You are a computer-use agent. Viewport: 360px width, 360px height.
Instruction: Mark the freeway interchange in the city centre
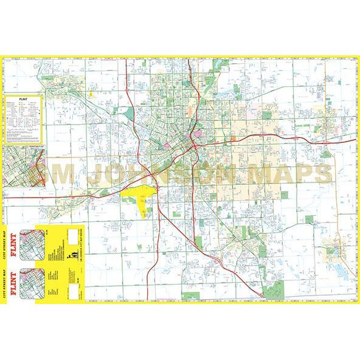click(191, 144)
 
